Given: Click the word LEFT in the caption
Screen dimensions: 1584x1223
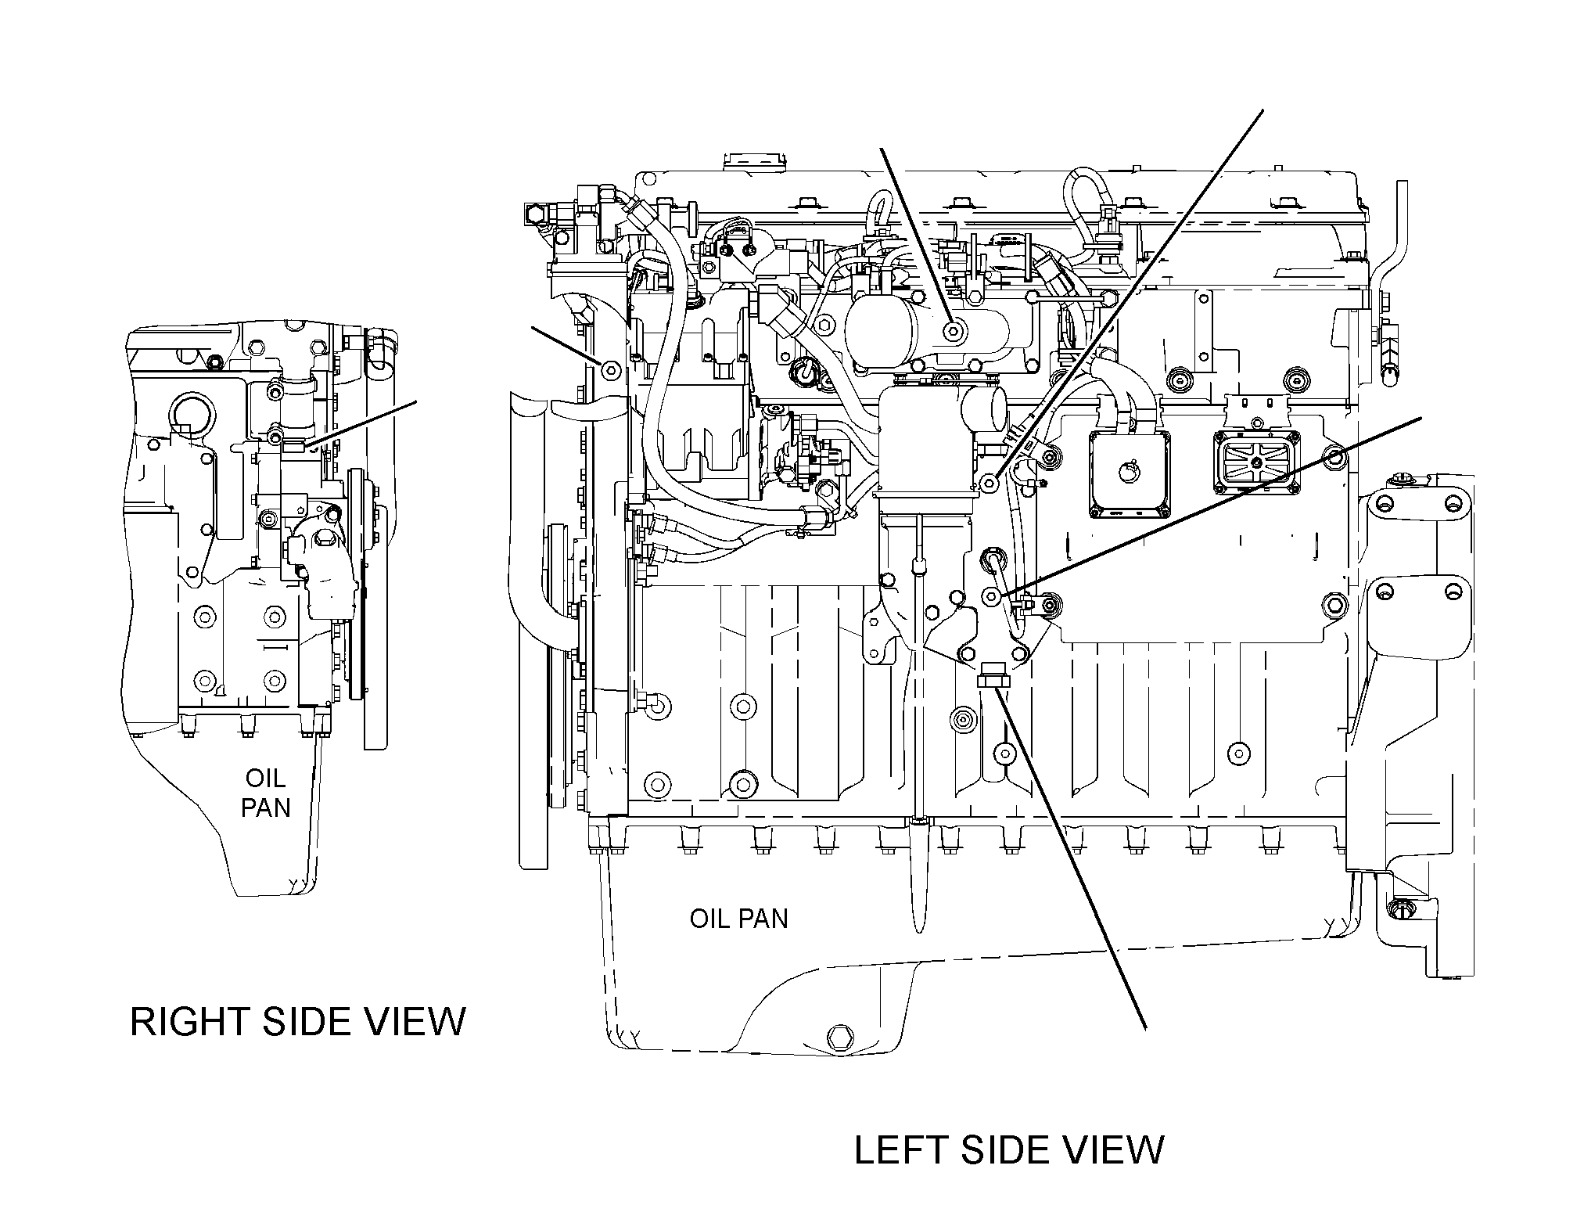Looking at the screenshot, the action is tap(900, 1149).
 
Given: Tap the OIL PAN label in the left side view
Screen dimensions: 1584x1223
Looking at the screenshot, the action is tap(738, 918).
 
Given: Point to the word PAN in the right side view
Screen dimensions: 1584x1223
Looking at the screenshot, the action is tap(266, 807).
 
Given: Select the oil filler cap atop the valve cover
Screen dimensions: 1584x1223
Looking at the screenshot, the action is tap(754, 163).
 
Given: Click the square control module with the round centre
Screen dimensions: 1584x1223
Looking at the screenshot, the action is tap(1129, 474).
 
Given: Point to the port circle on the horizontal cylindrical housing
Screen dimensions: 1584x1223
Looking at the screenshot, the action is tap(953, 331).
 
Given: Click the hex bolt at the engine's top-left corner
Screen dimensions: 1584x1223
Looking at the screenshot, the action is tap(535, 213).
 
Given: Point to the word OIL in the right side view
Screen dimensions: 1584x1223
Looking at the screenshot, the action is tap(266, 778).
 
